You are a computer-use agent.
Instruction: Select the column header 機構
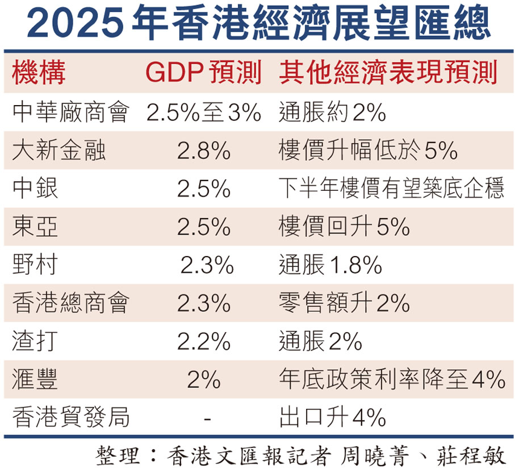click(39, 73)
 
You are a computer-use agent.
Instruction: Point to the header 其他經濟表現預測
click(388, 73)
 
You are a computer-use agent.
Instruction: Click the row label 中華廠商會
click(70, 112)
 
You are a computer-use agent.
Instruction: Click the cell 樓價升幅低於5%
click(368, 151)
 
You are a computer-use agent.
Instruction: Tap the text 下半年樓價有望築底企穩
click(391, 189)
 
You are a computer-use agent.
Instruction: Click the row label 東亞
click(35, 227)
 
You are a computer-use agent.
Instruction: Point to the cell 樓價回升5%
click(344, 227)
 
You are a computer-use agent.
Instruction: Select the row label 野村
click(35, 265)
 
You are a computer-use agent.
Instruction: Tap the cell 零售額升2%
click(344, 303)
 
